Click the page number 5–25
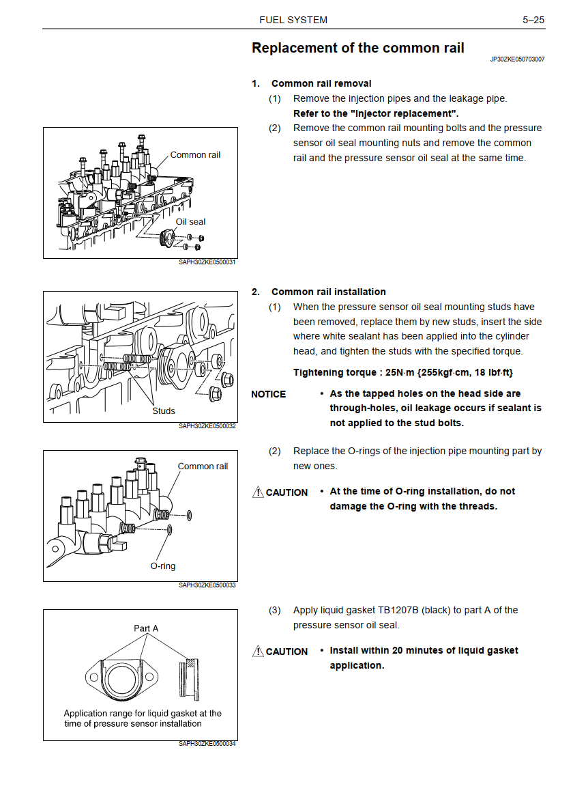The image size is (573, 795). pos(533,20)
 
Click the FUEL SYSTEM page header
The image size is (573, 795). pos(293,20)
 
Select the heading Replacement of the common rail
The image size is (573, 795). pos(358,48)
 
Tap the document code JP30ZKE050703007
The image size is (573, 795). pos(517,59)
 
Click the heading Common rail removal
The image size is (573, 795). pos(321,83)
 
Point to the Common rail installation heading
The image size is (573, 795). pos(329,292)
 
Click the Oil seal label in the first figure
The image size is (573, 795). pos(190,221)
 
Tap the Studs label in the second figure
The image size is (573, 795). pos(164,410)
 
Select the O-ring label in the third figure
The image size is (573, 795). pos(163,566)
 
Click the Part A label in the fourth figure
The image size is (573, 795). pos(146,628)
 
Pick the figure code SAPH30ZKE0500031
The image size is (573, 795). pos(207,262)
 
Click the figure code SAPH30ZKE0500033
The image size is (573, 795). pos(207,585)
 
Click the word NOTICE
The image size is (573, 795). pos(268,395)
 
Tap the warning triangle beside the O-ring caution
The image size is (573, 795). pos(258,492)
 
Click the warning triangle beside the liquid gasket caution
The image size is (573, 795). pos(258,651)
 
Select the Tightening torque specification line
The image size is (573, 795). pos(403,373)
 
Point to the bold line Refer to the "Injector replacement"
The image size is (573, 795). pos(376,113)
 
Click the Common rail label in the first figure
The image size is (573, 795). pos(195,154)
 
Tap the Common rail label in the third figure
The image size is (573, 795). pos(203,466)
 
